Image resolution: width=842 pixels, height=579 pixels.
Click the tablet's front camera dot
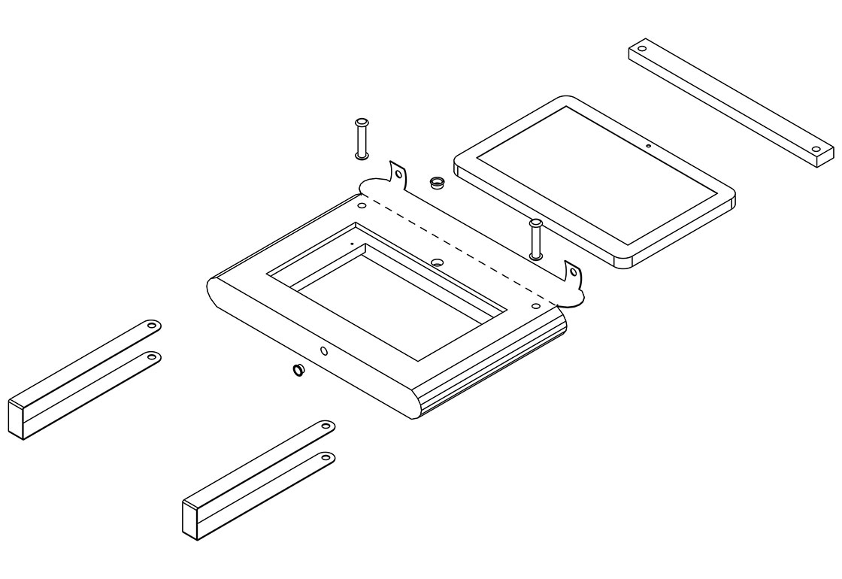pos(648,144)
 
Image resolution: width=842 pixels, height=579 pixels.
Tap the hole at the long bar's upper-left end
pos(642,50)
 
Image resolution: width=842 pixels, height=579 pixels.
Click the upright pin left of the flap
pos(362,138)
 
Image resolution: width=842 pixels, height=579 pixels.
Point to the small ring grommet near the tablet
pos(436,182)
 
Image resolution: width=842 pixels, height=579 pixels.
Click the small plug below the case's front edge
pos(299,370)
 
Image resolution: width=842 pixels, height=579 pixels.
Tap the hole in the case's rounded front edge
pos(324,350)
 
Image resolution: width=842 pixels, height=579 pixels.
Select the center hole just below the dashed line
pos(438,262)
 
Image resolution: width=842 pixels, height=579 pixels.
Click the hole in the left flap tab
pos(398,174)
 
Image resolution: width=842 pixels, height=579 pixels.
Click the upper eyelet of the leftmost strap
pos(151,326)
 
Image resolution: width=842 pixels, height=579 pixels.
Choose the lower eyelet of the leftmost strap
pos(151,357)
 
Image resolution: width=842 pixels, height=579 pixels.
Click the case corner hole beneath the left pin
pos(362,204)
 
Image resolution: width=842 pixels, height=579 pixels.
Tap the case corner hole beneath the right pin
pos(535,306)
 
